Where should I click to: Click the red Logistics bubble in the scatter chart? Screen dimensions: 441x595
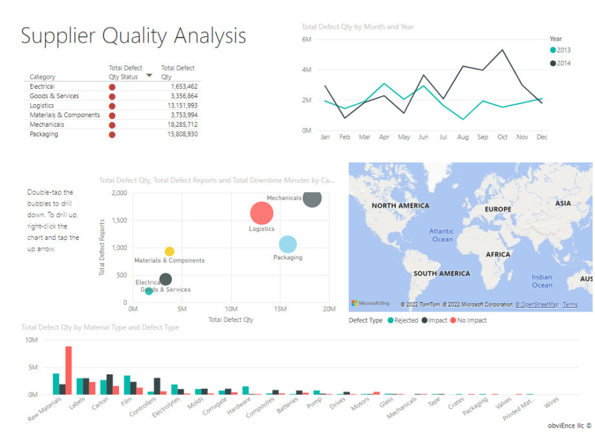point(261,213)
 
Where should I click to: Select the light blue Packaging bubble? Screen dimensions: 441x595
point(288,244)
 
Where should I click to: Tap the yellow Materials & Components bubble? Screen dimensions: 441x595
point(169,252)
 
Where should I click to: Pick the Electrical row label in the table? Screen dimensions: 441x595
point(42,87)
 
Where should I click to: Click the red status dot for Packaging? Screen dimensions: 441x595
point(112,134)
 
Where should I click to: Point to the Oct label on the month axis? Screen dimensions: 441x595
point(503,137)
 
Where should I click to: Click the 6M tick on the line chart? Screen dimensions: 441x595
point(307,39)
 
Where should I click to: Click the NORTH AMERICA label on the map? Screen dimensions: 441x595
point(400,206)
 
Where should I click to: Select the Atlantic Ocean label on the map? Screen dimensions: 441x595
point(442,235)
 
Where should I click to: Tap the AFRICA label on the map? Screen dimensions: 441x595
point(498,254)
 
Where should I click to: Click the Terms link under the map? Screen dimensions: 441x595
point(570,305)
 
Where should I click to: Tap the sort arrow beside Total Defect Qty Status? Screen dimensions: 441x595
point(149,76)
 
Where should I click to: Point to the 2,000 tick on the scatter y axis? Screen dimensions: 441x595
point(119,193)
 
